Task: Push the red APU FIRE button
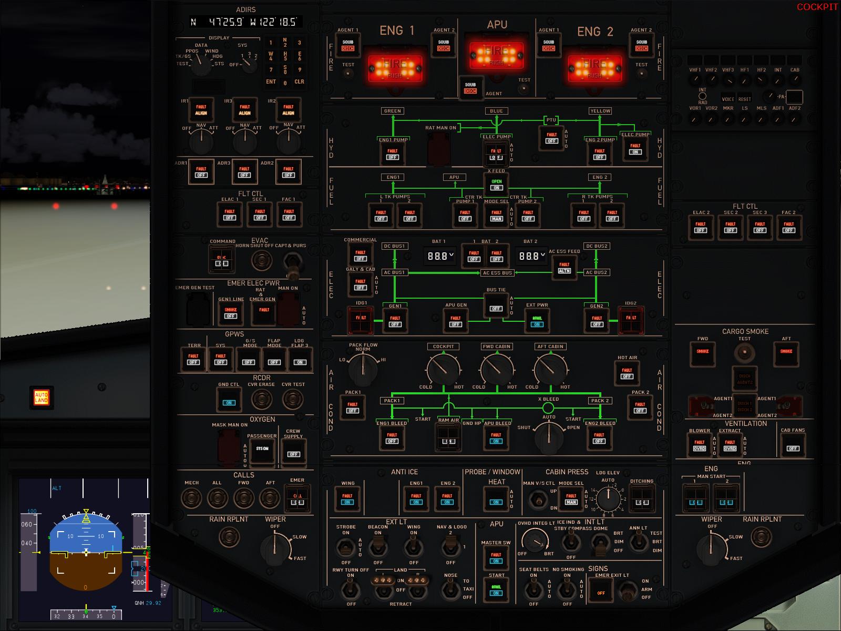tap(496, 55)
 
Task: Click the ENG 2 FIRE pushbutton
tap(595, 67)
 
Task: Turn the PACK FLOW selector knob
tap(363, 368)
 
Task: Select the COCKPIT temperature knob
tap(443, 369)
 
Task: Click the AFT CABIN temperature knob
tap(550, 369)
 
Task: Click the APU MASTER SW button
tap(496, 557)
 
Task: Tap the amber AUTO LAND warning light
tap(41, 397)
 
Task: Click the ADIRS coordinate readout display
tap(245, 22)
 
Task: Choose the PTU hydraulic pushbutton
tap(551, 137)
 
